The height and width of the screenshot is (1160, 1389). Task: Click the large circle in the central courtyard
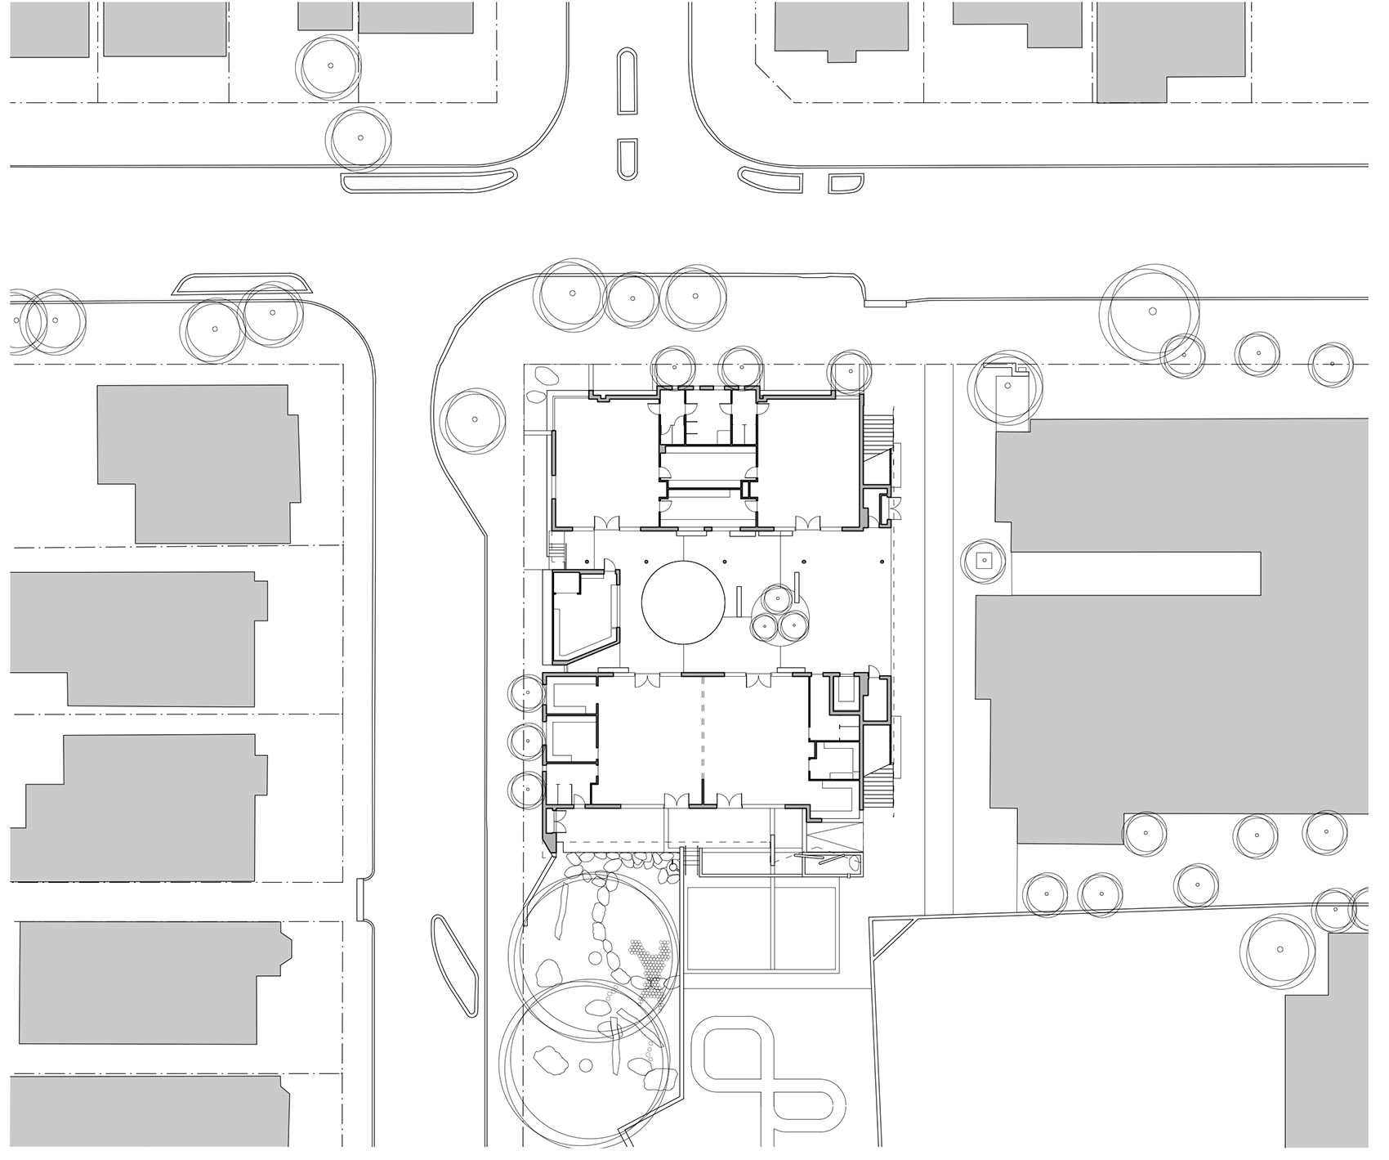(683, 602)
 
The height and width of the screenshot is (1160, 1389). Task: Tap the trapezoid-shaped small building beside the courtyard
(582, 617)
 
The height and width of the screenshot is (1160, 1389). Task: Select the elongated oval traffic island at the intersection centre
(627, 82)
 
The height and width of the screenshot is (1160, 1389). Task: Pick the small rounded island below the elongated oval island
(627, 159)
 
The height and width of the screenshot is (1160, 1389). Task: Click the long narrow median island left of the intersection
(427, 181)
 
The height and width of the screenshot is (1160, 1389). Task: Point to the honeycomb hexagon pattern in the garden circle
(651, 965)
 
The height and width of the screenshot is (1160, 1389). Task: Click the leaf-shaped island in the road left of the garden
(453, 965)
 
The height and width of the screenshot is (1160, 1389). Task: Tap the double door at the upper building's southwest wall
(607, 521)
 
